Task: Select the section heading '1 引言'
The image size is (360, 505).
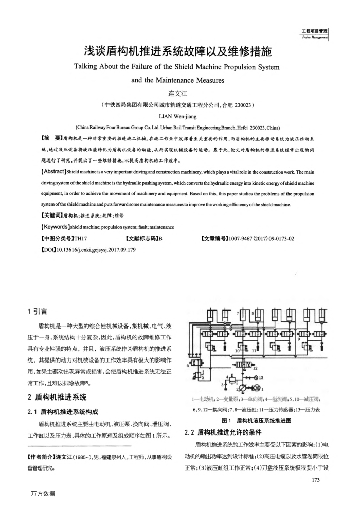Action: tap(37, 311)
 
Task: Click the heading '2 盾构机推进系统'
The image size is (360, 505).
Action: tap(56, 397)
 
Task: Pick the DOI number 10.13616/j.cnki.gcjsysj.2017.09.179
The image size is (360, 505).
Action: tap(97, 250)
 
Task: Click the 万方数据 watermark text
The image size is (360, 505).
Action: tap(43, 494)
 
